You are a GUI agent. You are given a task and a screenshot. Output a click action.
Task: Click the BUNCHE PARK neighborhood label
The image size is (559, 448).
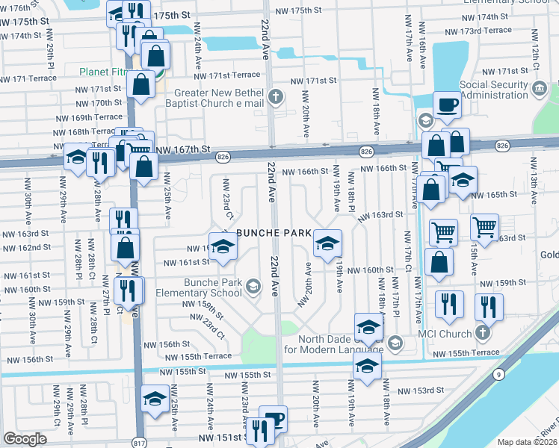point(274,233)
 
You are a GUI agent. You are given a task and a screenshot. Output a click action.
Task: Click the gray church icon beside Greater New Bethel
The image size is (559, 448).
point(276,96)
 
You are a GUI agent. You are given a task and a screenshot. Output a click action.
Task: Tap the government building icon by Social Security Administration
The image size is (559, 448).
point(538,90)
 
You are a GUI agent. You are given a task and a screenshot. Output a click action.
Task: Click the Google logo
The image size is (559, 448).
point(25,439)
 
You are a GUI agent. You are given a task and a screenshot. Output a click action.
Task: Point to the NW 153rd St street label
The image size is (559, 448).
point(420,391)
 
